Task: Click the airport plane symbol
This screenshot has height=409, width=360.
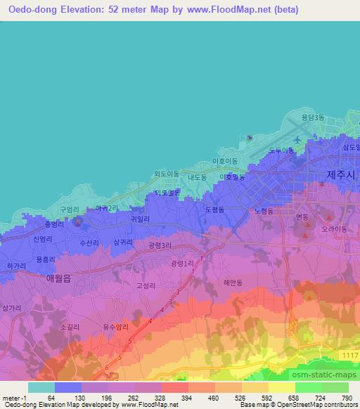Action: coord(297,141)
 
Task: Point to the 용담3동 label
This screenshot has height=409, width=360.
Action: coord(313,118)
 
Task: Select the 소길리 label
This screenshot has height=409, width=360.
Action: coord(70,327)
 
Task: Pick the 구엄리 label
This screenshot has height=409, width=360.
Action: coord(67,209)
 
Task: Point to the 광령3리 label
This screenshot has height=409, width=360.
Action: coord(160,245)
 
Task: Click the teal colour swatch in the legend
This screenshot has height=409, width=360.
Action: coord(41,387)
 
